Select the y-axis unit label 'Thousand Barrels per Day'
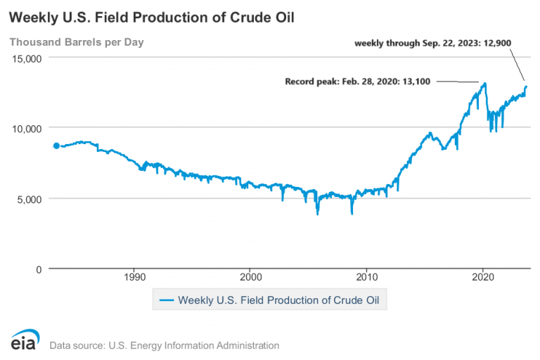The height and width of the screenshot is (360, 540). pos(76,42)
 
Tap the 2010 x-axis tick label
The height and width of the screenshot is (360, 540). pos(366,277)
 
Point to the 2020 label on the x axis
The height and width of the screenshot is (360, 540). pos(482,277)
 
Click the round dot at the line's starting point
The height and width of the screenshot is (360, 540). pos(56,146)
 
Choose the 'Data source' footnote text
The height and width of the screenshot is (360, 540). pos(164,345)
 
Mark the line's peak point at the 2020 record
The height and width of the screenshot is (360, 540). pos(484,84)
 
